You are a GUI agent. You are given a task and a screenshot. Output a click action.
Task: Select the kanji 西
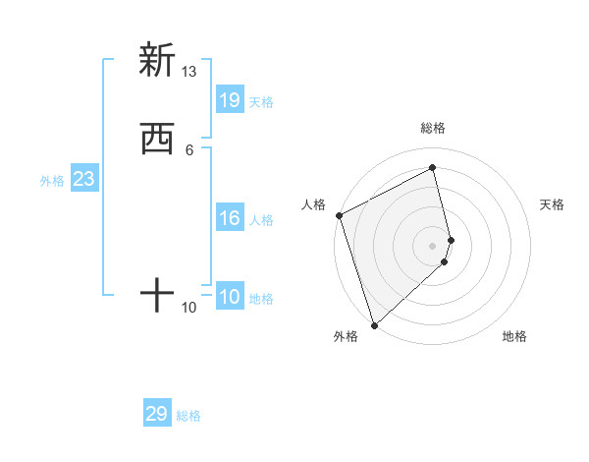pyautogui.click(x=156, y=141)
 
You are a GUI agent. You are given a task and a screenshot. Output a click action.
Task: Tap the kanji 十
pyautogui.click(x=156, y=295)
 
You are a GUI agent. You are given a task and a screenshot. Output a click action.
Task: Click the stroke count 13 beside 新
pyautogui.click(x=189, y=72)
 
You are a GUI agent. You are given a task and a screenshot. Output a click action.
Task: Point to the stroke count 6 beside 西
pyautogui.click(x=189, y=149)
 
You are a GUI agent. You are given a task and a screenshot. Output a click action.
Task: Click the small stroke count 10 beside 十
pyautogui.click(x=189, y=308)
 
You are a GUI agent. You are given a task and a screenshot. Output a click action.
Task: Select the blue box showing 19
pyautogui.click(x=230, y=99)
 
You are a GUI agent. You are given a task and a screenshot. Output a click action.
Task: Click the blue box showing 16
pyautogui.click(x=230, y=218)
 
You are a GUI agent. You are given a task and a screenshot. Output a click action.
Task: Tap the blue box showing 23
pyautogui.click(x=83, y=179)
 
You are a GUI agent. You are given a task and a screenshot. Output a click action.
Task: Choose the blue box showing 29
pyautogui.click(x=157, y=414)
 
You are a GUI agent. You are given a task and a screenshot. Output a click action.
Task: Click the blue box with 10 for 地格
pyautogui.click(x=230, y=297)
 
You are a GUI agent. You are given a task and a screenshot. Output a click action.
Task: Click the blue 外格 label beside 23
pyautogui.click(x=52, y=181)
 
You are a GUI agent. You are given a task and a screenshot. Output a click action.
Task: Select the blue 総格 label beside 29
pyautogui.click(x=188, y=416)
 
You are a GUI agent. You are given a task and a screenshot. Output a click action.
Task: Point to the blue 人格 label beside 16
pyautogui.click(x=262, y=220)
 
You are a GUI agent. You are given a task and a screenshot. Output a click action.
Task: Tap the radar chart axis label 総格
pyautogui.click(x=433, y=128)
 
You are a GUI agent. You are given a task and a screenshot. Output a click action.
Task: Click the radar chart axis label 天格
pyautogui.click(x=552, y=204)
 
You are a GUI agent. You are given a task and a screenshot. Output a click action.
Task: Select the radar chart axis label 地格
pyautogui.click(x=514, y=336)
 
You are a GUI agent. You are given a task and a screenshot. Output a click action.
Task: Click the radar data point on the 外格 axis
pyautogui.click(x=373, y=324)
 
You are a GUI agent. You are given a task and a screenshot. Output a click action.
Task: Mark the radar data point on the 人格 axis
pyautogui.click(x=339, y=215)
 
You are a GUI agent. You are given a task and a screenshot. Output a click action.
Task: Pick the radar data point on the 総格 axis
pyautogui.click(x=433, y=168)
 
